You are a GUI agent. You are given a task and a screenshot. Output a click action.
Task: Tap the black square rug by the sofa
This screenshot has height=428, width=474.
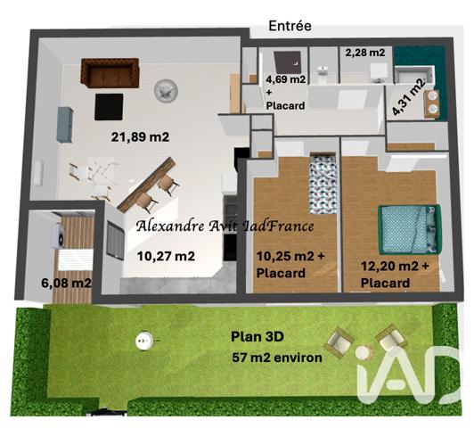coord(110,106)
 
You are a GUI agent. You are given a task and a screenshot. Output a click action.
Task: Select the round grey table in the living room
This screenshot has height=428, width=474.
coord(166,90)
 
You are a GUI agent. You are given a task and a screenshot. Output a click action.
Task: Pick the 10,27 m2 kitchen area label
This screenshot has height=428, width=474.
coord(166,256)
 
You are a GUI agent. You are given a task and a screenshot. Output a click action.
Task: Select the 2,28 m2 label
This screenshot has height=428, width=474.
coord(365,53)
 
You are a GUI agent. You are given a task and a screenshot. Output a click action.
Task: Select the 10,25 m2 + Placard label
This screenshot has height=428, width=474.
coord(291,265)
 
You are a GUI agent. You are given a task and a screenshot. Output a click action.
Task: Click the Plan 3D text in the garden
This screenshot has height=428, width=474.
coord(260,337)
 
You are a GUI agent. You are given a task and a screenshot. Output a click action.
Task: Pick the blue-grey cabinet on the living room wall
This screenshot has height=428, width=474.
coord(65,124)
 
